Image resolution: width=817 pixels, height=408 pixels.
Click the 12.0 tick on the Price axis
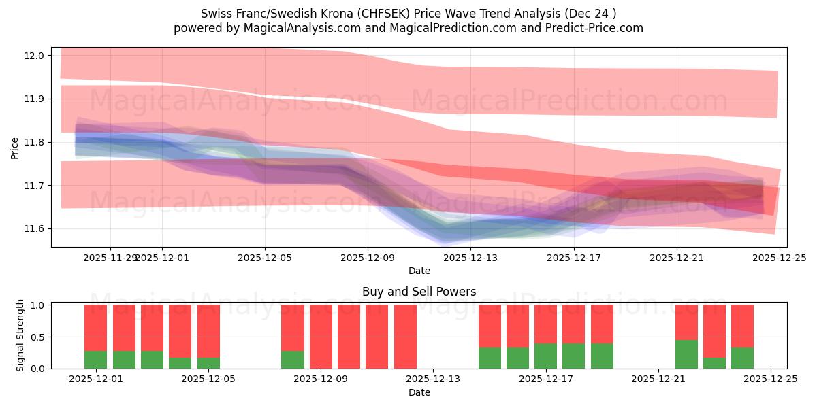click(34, 56)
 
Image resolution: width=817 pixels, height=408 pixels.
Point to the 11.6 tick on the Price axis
click(34, 228)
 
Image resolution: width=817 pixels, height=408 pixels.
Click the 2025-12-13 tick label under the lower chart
click(433, 379)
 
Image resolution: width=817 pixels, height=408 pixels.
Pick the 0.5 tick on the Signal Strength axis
click(37, 337)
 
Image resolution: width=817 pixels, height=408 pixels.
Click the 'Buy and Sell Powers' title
click(419, 292)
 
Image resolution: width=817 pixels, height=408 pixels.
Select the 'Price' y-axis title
click(15, 147)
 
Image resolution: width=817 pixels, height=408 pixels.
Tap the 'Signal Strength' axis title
click(20, 335)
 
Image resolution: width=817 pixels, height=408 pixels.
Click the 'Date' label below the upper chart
click(419, 271)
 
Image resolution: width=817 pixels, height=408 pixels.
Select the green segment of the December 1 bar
click(96, 360)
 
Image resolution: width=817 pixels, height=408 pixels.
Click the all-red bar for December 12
click(405, 337)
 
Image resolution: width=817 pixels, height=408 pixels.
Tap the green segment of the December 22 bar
click(686, 354)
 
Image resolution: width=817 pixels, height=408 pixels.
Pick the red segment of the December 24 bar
click(742, 326)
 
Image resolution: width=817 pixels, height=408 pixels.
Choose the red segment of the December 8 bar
click(293, 327)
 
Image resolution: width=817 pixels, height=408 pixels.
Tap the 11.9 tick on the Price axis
click(34, 99)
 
